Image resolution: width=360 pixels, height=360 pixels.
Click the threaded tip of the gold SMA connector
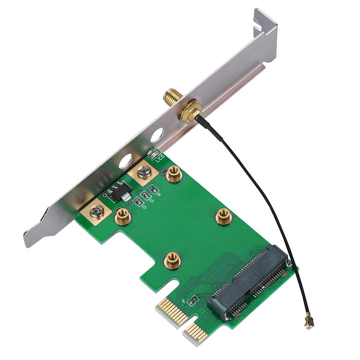pos(169,96)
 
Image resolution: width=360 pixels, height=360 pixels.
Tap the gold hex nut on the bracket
pos(188,112)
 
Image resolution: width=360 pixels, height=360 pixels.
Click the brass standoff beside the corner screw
pos(122,216)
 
